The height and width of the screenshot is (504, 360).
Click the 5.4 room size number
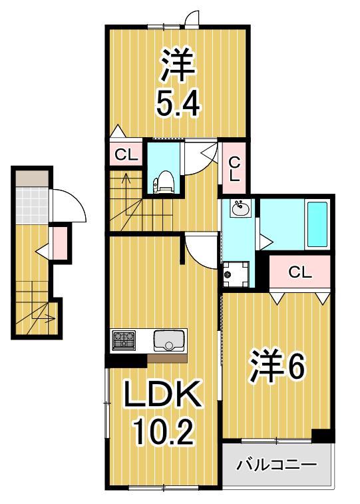[x=177, y=103]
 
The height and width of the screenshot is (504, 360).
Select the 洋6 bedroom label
[x=277, y=367]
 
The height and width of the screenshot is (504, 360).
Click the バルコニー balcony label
[x=276, y=464]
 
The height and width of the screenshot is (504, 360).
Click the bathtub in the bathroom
[x=317, y=224]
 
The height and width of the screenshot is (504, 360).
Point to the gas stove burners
[x=124, y=340]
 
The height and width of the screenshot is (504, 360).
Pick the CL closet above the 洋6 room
[x=299, y=272]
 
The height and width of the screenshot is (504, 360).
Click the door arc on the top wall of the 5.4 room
[x=192, y=17]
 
